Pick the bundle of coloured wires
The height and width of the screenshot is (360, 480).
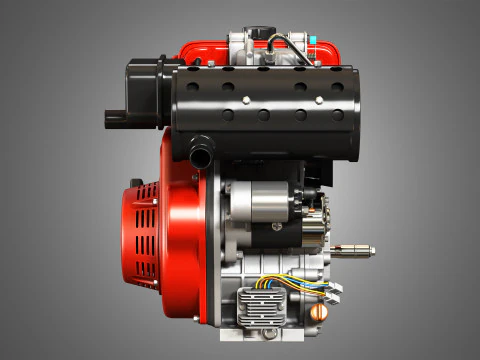(x=290, y=283)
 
